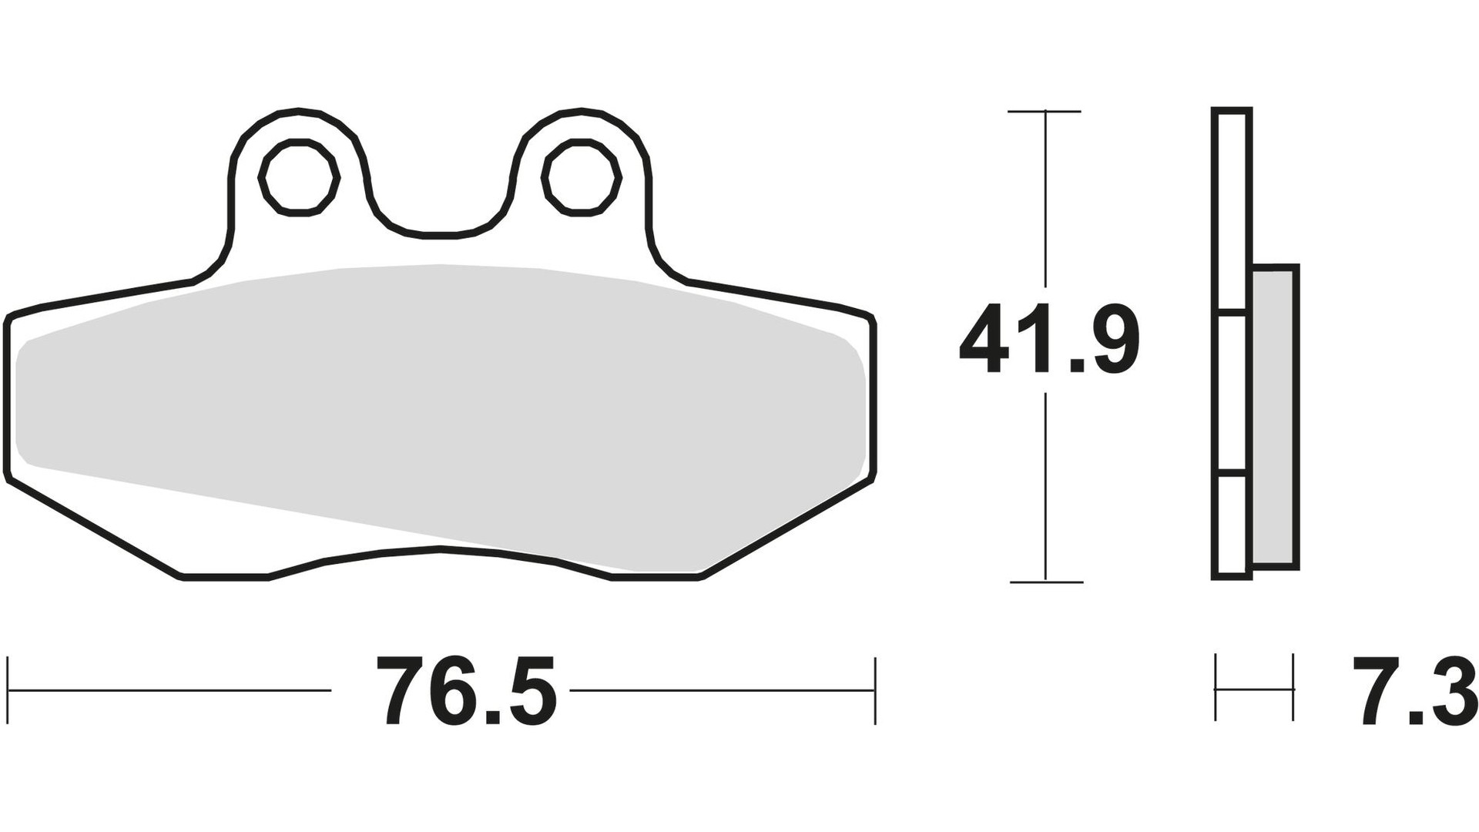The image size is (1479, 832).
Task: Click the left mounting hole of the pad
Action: pyautogui.click(x=299, y=177)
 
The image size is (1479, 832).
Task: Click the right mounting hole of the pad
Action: pyautogui.click(x=582, y=177)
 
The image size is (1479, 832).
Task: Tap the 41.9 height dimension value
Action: pyautogui.click(x=1049, y=340)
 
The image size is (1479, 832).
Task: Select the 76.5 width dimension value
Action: pyautogui.click(x=465, y=690)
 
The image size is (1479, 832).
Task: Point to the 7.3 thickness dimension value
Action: pyautogui.click(x=1414, y=690)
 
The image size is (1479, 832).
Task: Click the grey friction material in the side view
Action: pyautogui.click(x=1275, y=416)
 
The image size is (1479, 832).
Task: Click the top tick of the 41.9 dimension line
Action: pyautogui.click(x=1045, y=112)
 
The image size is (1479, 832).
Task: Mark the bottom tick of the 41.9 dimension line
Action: pyautogui.click(x=1045, y=582)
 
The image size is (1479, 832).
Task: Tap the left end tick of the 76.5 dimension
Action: pyautogui.click(x=8, y=690)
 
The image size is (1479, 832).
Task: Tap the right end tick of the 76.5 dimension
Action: pyautogui.click(x=875, y=690)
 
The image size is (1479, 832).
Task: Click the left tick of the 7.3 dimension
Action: pyautogui.click(x=1216, y=688)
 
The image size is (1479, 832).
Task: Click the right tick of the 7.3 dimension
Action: pyautogui.click(x=1293, y=688)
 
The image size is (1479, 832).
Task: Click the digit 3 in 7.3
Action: pyautogui.click(x=1450, y=690)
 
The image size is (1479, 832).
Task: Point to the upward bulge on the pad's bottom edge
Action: pyautogui.click(x=441, y=551)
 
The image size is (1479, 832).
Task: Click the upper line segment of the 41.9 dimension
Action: pyautogui.click(x=1045, y=200)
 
